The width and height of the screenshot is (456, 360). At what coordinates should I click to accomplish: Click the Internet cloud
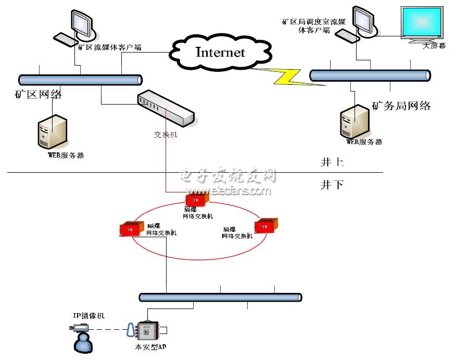click(x=220, y=53)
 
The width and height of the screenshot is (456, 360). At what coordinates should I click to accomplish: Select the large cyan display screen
click(x=422, y=24)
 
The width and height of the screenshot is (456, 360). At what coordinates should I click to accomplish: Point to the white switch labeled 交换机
click(x=166, y=108)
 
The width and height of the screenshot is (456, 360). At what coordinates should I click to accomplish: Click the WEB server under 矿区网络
click(x=53, y=132)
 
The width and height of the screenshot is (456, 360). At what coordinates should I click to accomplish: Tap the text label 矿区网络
click(x=39, y=95)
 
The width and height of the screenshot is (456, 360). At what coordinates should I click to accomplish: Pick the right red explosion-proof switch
click(x=267, y=226)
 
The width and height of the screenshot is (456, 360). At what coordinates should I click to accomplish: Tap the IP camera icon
click(x=79, y=328)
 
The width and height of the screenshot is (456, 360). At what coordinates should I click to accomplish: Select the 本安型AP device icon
click(x=148, y=330)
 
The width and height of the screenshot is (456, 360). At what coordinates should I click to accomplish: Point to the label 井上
click(x=332, y=163)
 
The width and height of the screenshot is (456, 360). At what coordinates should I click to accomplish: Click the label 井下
click(x=332, y=185)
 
